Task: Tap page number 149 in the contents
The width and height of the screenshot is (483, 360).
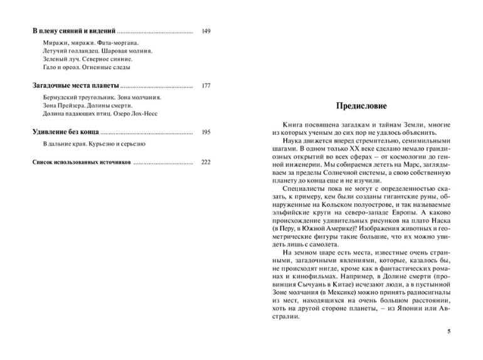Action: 206,31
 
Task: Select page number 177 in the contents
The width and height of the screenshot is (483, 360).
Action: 206,85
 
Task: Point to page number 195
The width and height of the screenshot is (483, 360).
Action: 206,132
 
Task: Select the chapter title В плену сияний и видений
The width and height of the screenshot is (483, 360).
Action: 74,31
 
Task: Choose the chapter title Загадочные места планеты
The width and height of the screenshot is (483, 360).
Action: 75,85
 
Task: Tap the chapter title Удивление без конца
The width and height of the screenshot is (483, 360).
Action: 65,132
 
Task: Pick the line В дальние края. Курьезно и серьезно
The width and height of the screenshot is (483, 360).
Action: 94,144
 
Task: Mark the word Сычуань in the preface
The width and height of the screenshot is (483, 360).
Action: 304,284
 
